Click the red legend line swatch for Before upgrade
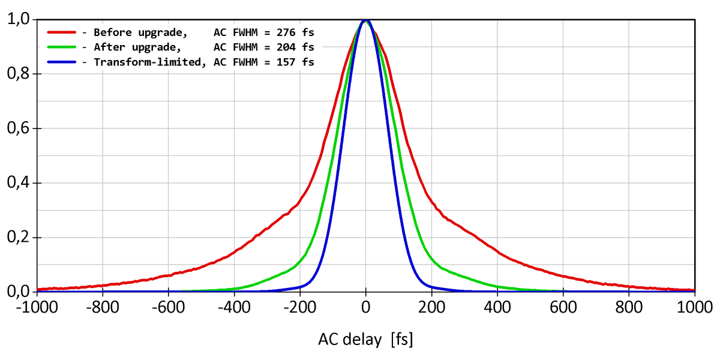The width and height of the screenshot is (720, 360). tap(61, 32)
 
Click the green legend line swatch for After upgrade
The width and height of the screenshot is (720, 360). tap(61, 46)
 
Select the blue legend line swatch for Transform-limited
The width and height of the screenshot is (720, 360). tap(61, 61)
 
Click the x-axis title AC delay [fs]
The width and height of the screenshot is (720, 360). tap(365, 340)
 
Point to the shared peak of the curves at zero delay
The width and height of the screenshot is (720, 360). tap(365, 21)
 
